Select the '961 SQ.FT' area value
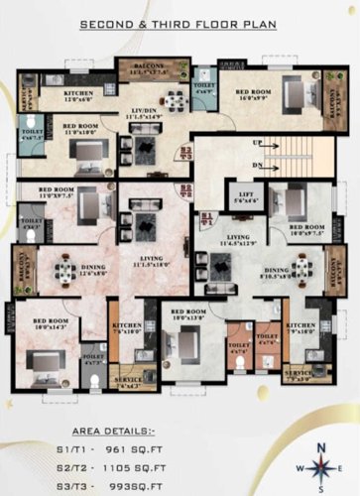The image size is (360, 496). point(188,448)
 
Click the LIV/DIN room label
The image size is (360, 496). point(144,112)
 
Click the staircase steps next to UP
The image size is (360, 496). point(307,155)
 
